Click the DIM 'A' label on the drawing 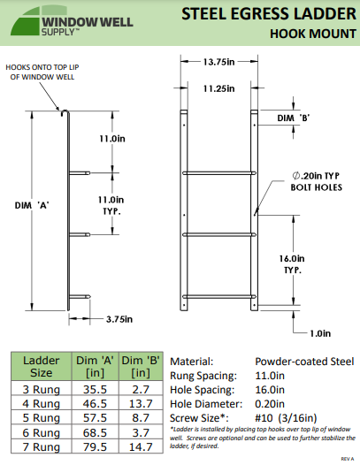tap(31, 205)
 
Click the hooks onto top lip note tap(42, 72)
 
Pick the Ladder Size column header tap(41, 367)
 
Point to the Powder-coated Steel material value tap(304, 362)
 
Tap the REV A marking tap(348, 460)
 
